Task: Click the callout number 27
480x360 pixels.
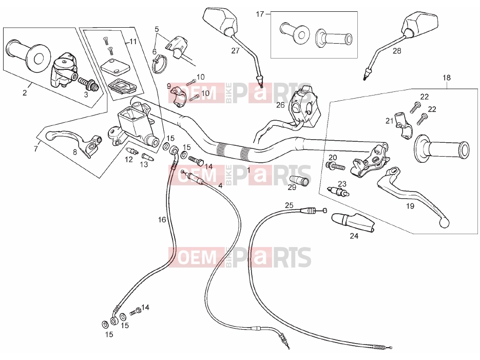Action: [x=235, y=51]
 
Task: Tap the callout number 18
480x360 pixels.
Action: [x=447, y=78]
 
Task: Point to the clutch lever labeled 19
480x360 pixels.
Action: [x=413, y=196]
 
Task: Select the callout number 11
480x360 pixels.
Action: [x=133, y=41]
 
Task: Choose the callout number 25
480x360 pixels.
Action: [x=289, y=205]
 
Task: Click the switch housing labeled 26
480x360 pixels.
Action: [x=306, y=106]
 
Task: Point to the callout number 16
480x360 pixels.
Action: [x=162, y=220]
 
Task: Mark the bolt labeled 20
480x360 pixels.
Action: [x=335, y=166]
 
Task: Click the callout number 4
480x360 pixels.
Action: [x=220, y=185]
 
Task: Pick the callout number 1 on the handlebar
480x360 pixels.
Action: [x=248, y=170]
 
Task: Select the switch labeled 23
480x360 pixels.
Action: [x=338, y=192]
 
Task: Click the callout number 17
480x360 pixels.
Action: [x=260, y=14]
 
